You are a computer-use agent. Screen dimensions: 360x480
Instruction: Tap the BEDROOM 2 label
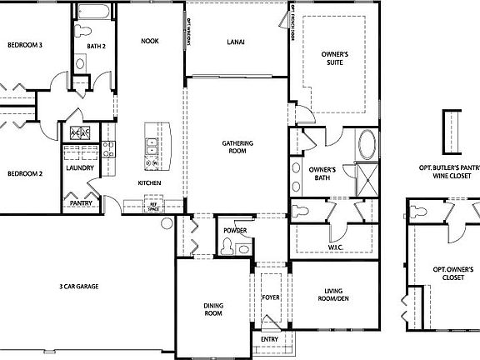pyautogui.click(x=25, y=174)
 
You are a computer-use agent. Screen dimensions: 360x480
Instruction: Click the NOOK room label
pyautogui.click(x=149, y=40)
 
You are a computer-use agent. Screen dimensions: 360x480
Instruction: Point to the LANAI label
pyautogui.click(x=235, y=42)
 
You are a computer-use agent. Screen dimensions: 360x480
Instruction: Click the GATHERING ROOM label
pyautogui.click(x=237, y=147)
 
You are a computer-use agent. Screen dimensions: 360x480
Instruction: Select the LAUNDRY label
pyautogui.click(x=78, y=168)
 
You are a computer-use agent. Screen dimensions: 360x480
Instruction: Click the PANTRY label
pyautogui.click(x=81, y=202)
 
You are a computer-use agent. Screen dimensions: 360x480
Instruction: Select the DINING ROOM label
pyautogui.click(x=213, y=310)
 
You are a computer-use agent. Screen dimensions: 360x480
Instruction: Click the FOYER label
pyautogui.click(x=271, y=297)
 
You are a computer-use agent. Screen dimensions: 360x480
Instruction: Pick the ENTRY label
pyautogui.click(x=269, y=339)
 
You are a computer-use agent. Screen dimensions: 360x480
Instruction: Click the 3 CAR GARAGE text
pyautogui.click(x=79, y=286)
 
